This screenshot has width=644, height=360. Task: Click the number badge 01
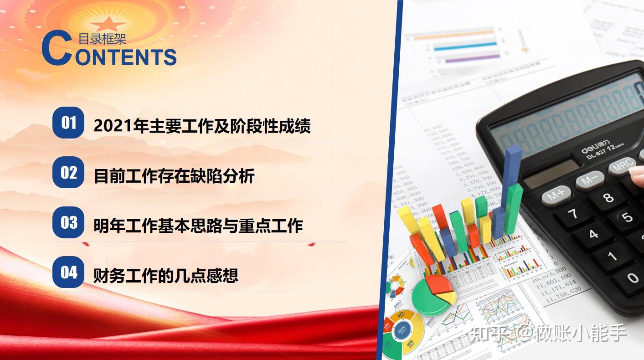click(x=68, y=123)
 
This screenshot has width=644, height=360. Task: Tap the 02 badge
click(x=68, y=172)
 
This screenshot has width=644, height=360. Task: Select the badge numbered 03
click(x=68, y=222)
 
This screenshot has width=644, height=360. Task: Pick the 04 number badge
click(x=68, y=272)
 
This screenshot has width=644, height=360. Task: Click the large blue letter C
click(x=57, y=48)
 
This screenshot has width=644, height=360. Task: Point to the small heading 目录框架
click(x=102, y=39)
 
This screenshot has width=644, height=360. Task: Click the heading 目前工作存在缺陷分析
click(x=174, y=176)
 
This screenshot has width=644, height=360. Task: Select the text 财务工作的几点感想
click(x=166, y=276)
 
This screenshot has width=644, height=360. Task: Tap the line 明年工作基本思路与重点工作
click(x=198, y=226)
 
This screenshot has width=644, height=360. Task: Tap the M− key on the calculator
click(x=589, y=180)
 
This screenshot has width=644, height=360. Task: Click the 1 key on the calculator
click(x=612, y=256)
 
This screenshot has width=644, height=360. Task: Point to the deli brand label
click(x=590, y=148)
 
